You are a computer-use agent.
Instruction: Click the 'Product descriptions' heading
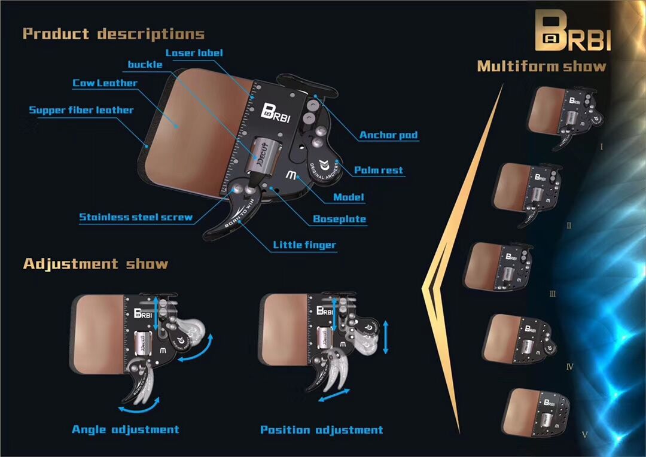coord(114,33)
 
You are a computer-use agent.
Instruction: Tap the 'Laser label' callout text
coord(194,53)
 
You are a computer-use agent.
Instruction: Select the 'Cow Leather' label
coord(105,83)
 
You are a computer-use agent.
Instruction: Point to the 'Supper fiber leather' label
coord(81,110)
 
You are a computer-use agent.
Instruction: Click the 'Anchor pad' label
coord(388,135)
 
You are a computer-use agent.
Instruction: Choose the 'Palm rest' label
coord(379,170)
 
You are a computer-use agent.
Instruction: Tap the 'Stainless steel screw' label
coord(136,217)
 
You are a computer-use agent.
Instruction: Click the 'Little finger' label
coord(304,245)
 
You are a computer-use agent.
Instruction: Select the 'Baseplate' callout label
coord(339,219)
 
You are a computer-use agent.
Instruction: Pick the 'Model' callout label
coord(348,197)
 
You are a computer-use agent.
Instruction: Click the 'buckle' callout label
coord(145,65)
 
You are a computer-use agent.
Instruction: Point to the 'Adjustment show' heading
coord(96,264)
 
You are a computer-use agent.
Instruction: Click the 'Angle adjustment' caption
coord(126,429)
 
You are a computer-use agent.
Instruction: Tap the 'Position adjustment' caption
coord(322,429)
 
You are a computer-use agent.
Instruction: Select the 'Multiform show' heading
coord(541,66)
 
